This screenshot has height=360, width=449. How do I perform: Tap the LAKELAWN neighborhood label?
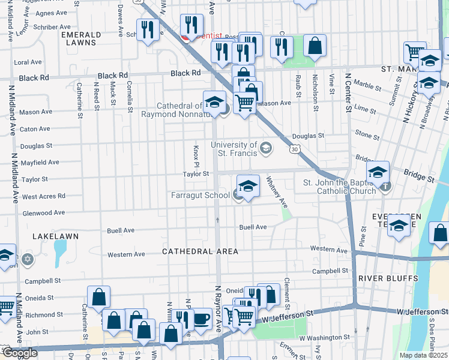[55, 236]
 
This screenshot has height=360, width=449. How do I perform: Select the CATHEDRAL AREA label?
[200, 251]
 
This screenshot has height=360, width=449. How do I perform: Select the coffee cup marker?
[201, 318]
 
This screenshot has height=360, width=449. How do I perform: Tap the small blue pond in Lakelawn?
[60, 253]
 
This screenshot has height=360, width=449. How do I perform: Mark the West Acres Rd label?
[43, 196]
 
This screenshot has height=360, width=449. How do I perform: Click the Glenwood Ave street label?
[43, 213]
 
